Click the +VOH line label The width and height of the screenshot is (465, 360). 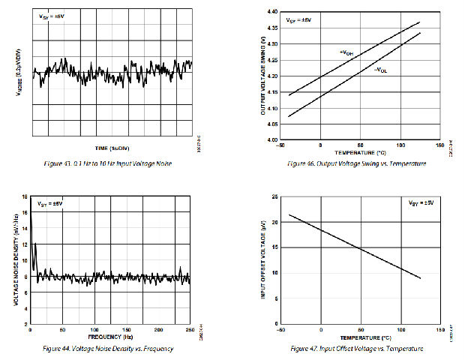coord(346,52)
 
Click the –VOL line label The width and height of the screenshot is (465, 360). coord(381,70)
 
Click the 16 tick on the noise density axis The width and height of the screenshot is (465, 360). coord(25,197)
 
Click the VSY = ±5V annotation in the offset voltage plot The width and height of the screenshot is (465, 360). coord(421,203)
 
